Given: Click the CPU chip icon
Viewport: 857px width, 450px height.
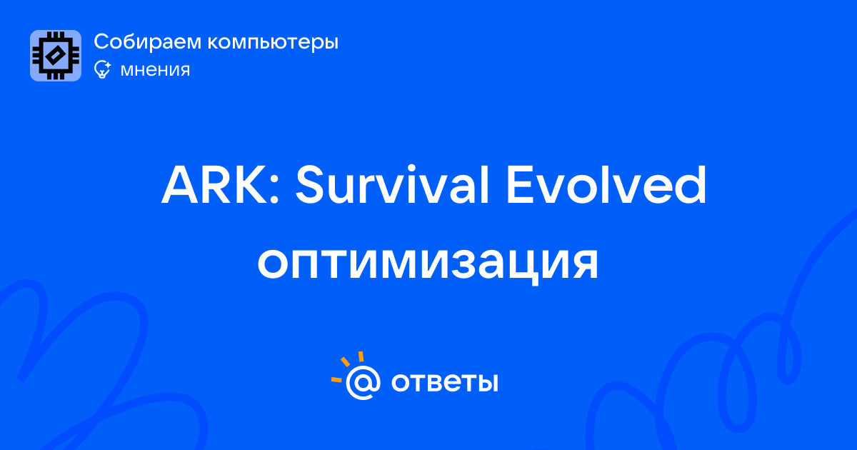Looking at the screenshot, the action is [56, 56].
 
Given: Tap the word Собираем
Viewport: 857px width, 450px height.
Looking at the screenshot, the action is [147, 41].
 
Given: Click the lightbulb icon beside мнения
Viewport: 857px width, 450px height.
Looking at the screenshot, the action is [102, 69].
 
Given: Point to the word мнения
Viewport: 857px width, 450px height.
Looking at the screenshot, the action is [155, 70].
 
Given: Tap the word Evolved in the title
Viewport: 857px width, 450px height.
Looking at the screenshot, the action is [606, 184].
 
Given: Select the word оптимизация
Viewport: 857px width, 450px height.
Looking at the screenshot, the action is [428, 264].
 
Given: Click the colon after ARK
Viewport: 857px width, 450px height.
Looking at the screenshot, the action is [274, 191].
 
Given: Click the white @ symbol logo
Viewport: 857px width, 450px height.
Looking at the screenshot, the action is [363, 382].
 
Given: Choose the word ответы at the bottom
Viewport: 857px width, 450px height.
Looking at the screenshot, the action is [444, 382].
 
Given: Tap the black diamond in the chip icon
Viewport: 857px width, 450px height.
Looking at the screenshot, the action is [56, 56].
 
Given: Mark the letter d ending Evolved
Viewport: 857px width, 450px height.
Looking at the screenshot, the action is [689, 184].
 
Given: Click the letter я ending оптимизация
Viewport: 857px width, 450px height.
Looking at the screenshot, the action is [584, 264].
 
